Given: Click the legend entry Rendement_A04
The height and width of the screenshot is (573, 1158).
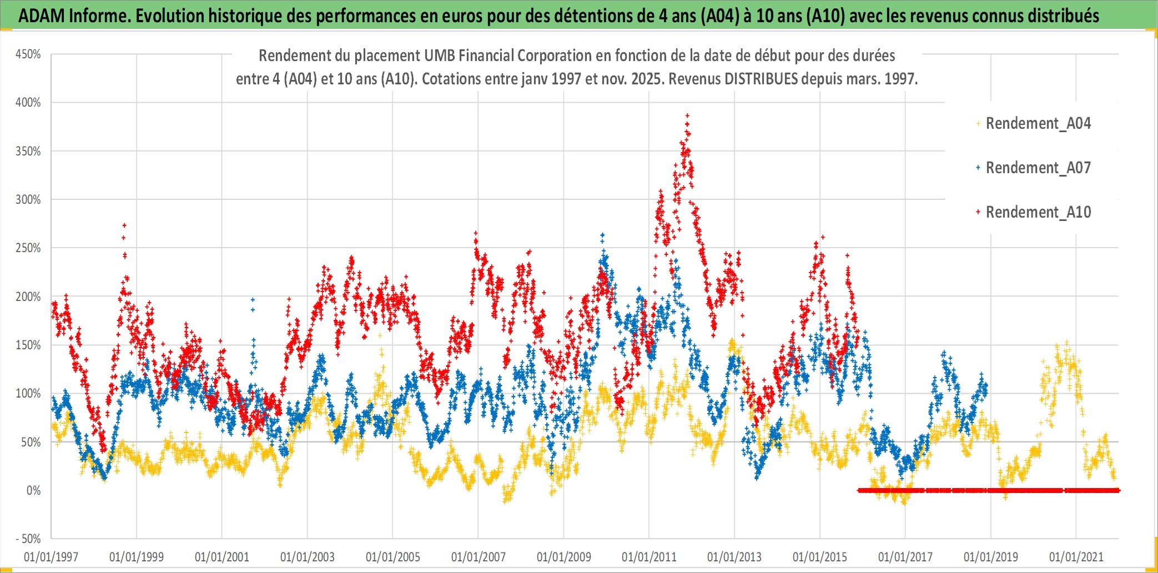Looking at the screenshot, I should pyautogui.click(x=1038, y=123).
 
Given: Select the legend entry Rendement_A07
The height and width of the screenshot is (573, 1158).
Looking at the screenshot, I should pyautogui.click(x=1038, y=168).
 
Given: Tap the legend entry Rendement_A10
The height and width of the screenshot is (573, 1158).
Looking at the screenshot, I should pyautogui.click(x=1038, y=212).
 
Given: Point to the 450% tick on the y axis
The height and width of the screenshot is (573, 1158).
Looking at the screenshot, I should pyautogui.click(x=28, y=54).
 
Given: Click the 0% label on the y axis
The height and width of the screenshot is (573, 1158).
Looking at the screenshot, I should pyautogui.click(x=33, y=491).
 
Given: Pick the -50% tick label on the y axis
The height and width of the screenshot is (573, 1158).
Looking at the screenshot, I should pyautogui.click(x=28, y=539).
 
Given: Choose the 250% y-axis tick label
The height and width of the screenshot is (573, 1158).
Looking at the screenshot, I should pyautogui.click(x=28, y=248).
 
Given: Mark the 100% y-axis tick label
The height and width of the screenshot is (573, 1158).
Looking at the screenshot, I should pyautogui.click(x=28, y=394).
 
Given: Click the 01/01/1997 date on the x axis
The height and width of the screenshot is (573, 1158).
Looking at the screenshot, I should pyautogui.click(x=51, y=557).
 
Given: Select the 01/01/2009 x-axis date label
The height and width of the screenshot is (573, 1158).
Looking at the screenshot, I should pyautogui.click(x=563, y=557).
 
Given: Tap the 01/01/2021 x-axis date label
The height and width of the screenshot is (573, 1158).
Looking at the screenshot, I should pyautogui.click(x=1076, y=557).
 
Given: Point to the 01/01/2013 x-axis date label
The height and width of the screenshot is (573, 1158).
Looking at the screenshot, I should pyautogui.click(x=734, y=557).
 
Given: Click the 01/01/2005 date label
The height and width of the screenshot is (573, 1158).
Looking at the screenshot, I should pyautogui.click(x=392, y=557).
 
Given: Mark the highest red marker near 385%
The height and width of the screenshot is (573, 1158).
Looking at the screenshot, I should pyautogui.click(x=687, y=115).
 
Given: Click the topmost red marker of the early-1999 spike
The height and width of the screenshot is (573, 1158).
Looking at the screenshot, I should pyautogui.click(x=124, y=225).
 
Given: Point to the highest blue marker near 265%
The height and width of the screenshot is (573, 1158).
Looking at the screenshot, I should pyautogui.click(x=602, y=235).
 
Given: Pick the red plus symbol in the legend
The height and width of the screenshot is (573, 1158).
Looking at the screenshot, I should pyautogui.click(x=978, y=212).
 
